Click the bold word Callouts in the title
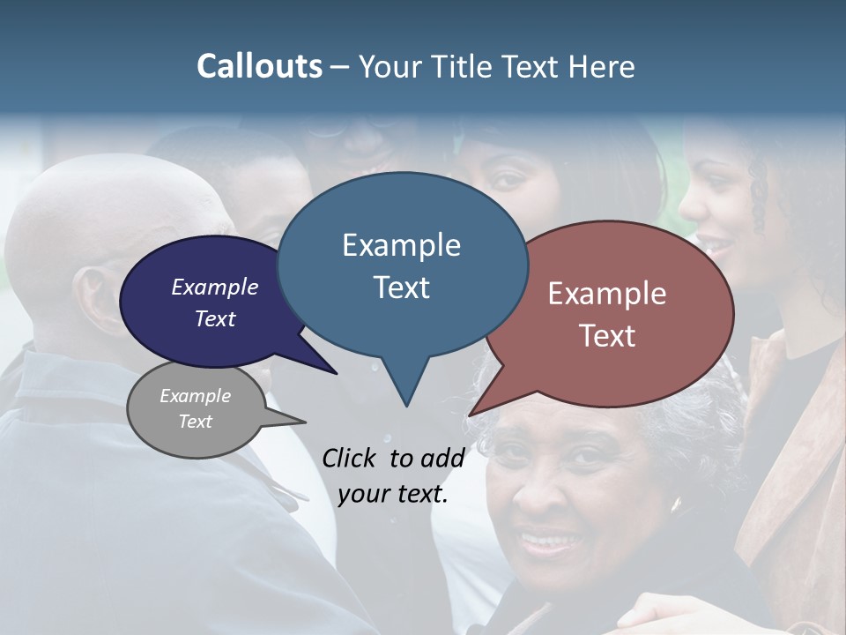click(x=259, y=66)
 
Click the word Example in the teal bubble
click(x=401, y=245)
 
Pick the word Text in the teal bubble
click(x=401, y=288)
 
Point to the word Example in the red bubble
click(x=607, y=294)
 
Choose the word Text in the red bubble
click(x=607, y=336)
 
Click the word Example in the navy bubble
click(x=215, y=287)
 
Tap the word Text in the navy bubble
click(x=215, y=318)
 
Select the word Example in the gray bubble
click(x=196, y=396)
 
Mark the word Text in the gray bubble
click(x=196, y=422)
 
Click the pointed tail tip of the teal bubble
click(x=406, y=406)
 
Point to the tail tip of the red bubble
click(x=471, y=415)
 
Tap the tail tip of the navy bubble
click(x=337, y=373)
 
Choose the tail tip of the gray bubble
click(x=305, y=422)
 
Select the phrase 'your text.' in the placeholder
click(x=393, y=494)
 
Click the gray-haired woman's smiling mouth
click(x=548, y=538)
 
